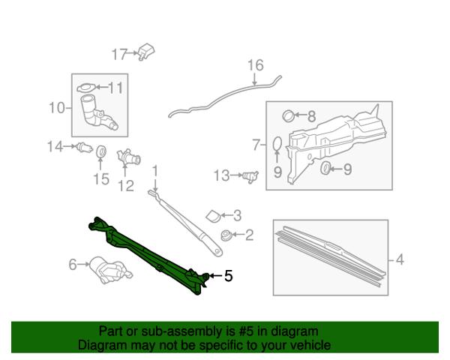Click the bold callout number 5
228,276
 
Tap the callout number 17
119,54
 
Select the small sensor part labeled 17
146,52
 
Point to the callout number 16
256,65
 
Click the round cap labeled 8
288,115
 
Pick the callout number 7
256,145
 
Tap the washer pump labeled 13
250,176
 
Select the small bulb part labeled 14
84,148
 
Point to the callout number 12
126,186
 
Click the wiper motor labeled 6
110,269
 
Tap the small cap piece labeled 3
213,216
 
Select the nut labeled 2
226,235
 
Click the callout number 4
400,259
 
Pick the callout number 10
57,108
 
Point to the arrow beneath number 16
255,79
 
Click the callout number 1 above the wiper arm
155,172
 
